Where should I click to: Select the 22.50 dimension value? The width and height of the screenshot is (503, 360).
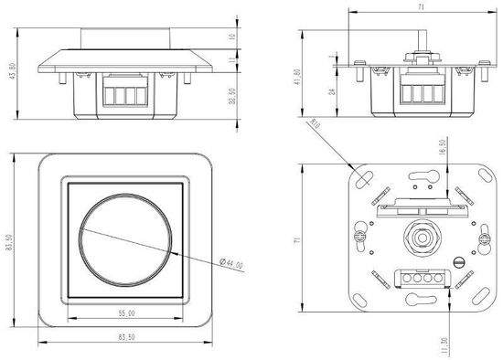click(x=233, y=95)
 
